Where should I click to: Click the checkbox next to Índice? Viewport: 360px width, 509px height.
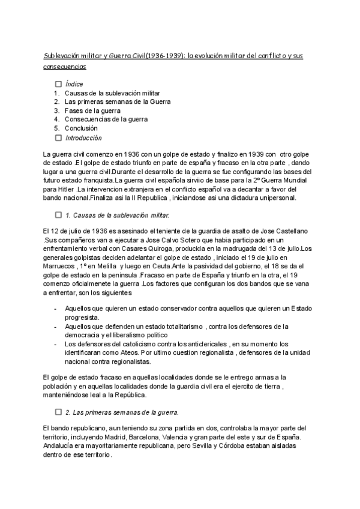click(x=58, y=85)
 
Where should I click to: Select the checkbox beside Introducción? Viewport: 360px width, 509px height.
click(x=58, y=137)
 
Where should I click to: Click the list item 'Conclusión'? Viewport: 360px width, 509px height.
click(x=81, y=128)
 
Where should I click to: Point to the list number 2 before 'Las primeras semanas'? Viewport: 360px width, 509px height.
click(x=56, y=102)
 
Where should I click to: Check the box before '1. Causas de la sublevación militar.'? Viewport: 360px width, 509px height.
click(x=58, y=215)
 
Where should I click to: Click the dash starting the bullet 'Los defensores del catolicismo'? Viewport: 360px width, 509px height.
click(x=56, y=344)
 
